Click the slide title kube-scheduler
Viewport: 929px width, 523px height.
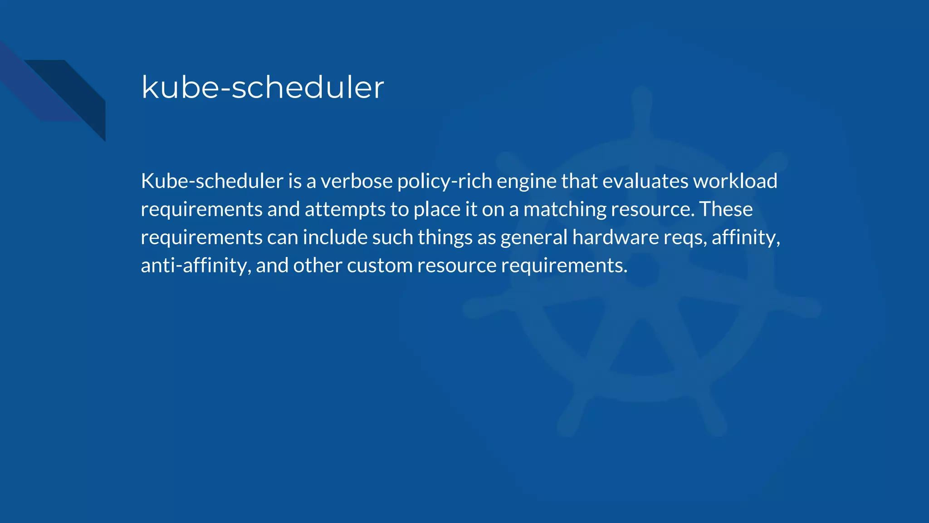(263, 87)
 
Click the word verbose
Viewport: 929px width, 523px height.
(357, 181)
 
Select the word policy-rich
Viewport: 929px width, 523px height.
(445, 181)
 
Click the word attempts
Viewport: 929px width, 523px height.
(345, 210)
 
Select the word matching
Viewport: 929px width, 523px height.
(564, 210)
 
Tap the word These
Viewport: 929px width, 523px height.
(726, 209)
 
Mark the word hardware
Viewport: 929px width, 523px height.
(616, 237)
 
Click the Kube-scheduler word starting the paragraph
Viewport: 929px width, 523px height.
(212, 181)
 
